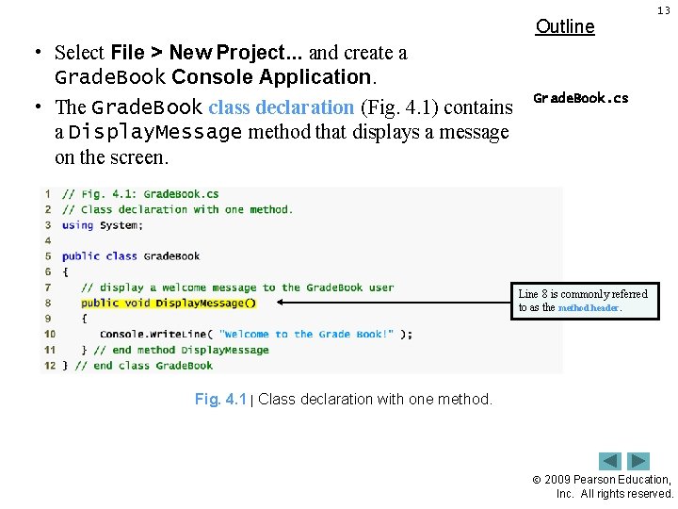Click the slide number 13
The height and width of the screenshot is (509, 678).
coord(664,10)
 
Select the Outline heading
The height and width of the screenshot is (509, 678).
coord(565,26)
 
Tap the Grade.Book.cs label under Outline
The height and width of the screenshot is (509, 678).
coord(581,98)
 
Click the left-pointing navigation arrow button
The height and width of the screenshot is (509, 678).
coord(611,461)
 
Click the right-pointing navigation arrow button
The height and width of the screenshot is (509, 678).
coord(639,461)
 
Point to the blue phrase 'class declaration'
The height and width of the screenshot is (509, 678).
coord(282,107)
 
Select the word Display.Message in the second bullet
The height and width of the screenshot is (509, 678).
coord(155,132)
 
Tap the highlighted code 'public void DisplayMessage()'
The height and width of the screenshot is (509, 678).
coord(168,303)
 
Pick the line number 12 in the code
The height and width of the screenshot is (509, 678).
coord(49,365)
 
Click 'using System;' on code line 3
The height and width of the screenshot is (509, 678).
coord(103,225)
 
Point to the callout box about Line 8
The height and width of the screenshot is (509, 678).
coord(586,301)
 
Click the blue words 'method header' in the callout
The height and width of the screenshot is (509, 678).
coord(589,308)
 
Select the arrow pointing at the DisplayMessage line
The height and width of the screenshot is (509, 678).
coord(395,303)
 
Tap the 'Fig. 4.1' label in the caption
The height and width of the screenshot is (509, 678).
coord(220,400)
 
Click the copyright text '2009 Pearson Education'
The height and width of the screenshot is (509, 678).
coord(621,480)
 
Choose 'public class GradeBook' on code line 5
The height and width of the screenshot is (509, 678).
coord(131,255)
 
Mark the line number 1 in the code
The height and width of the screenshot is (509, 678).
coord(49,194)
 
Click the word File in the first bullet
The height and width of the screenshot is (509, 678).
coord(127,53)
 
